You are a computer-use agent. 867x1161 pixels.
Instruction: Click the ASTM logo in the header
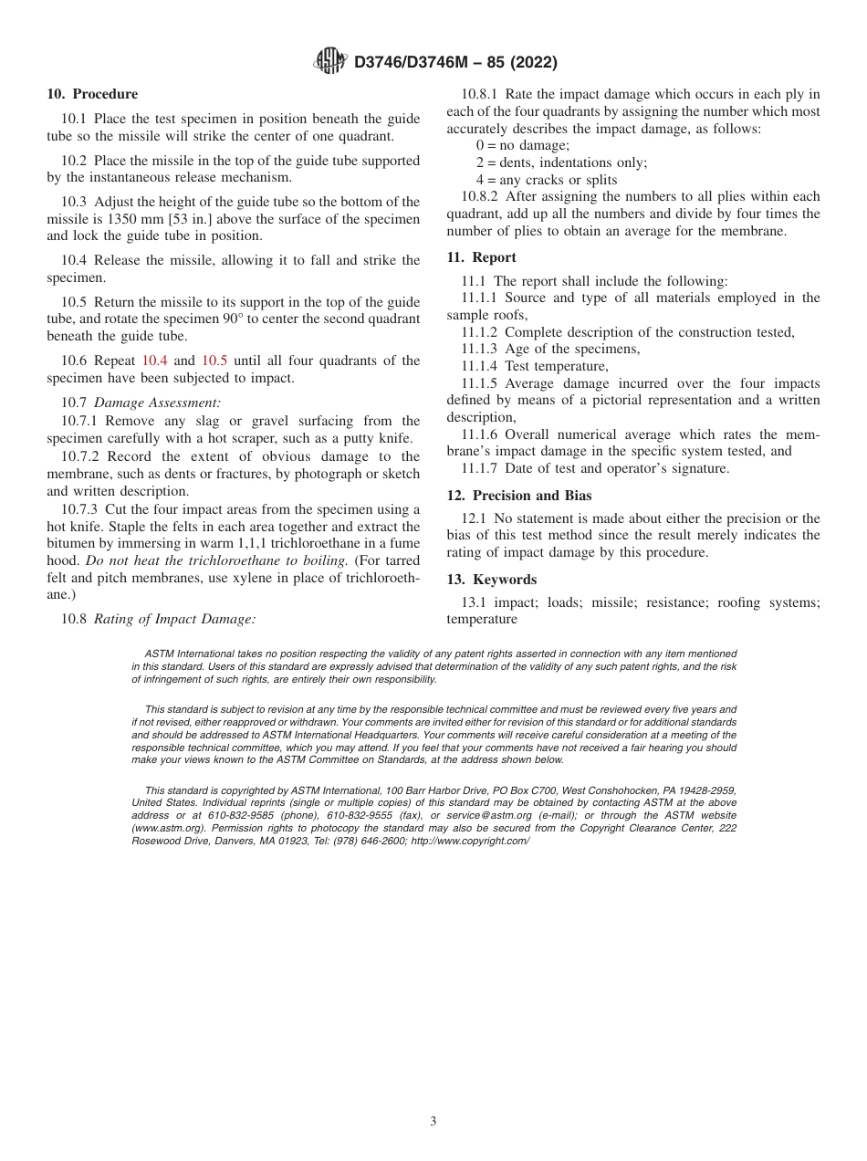(x=329, y=61)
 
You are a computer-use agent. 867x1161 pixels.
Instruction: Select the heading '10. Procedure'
(x=92, y=94)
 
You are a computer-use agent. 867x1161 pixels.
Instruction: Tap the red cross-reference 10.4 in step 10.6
(x=156, y=361)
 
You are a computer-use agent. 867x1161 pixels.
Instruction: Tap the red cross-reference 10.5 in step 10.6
(x=214, y=361)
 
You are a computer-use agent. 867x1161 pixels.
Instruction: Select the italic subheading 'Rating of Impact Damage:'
(x=174, y=619)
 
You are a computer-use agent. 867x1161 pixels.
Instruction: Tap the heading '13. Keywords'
(x=491, y=580)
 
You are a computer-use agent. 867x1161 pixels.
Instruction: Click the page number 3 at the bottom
(x=433, y=1121)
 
